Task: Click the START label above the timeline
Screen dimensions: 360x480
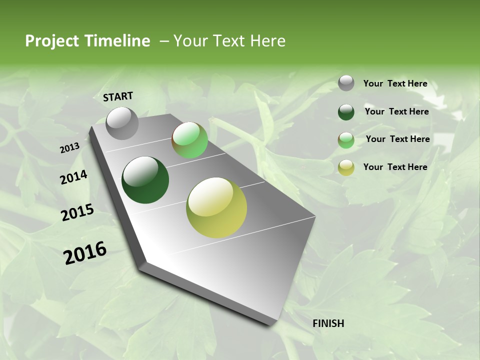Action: tap(118, 96)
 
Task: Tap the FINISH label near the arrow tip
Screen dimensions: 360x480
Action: tap(328, 323)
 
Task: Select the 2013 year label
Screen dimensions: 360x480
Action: tap(69, 147)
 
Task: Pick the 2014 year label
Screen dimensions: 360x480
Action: tap(73, 177)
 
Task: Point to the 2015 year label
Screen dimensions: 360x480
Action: tap(77, 212)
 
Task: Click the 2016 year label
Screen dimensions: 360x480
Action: tap(85, 252)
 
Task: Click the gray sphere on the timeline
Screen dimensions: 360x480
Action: tap(122, 123)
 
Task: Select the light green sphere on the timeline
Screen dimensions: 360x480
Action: tap(189, 140)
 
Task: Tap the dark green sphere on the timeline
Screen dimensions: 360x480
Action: tap(145, 180)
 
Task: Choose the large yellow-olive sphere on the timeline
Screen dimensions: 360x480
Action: tap(216, 207)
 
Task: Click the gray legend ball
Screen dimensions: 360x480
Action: tap(346, 83)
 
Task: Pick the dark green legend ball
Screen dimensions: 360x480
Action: tap(346, 112)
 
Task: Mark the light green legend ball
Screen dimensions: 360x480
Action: tap(346, 140)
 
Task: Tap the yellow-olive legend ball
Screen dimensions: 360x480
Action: tap(346, 167)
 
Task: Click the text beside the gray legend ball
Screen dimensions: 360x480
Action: tap(395, 83)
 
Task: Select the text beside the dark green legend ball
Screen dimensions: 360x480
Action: tap(396, 111)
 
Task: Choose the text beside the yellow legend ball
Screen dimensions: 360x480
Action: tap(395, 167)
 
